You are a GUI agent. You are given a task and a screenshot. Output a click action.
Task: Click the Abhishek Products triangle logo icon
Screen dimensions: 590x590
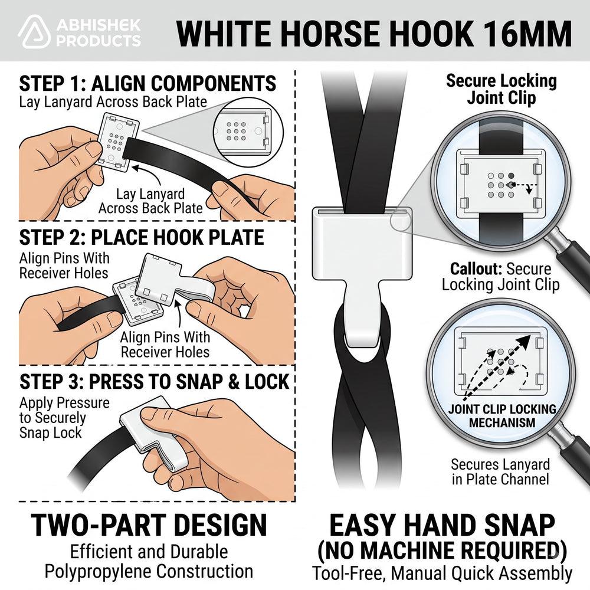tap(34, 32)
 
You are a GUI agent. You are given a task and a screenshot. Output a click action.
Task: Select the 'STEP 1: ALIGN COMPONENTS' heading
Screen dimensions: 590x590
tap(147, 83)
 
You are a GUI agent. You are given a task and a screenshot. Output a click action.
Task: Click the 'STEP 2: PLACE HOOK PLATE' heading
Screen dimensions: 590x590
tap(142, 237)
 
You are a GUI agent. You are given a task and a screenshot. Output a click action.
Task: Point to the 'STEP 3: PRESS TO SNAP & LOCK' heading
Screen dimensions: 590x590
tap(154, 382)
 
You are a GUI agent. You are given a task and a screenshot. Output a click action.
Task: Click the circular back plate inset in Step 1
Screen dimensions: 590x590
tap(248, 132)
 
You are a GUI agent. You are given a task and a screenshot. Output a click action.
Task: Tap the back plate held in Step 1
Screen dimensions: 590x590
tap(117, 142)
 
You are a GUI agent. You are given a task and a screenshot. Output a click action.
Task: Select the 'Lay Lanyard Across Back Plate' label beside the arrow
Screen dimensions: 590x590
tap(150, 201)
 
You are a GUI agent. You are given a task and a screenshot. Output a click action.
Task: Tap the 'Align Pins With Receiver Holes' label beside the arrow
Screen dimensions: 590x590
tap(165, 345)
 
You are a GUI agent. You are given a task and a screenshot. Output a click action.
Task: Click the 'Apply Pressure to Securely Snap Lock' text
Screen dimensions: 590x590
tap(64, 418)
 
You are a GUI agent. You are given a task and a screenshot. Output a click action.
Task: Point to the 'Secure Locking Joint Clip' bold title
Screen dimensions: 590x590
tap(501, 89)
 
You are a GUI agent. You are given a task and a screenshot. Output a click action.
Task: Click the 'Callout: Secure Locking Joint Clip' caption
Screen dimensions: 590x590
tap(500, 277)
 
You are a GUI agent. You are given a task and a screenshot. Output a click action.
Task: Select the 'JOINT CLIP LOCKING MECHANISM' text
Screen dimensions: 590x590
tap(502, 416)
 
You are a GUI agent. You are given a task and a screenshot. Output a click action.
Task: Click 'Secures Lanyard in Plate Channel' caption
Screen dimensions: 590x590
tap(500, 472)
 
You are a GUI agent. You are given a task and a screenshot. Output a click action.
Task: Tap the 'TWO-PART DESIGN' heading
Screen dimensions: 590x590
tap(149, 525)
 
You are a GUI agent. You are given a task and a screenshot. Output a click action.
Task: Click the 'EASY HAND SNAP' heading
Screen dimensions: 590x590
tap(442, 526)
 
